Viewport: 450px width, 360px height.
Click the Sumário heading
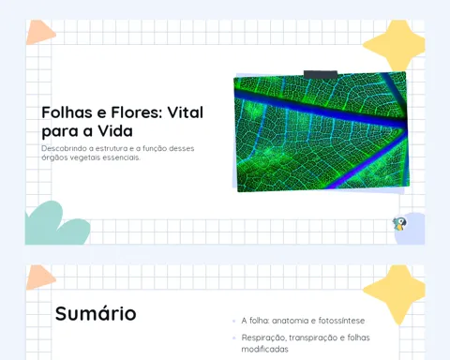pyautogui.click(x=96, y=313)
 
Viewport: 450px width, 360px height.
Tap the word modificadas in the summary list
pyautogui.click(x=264, y=349)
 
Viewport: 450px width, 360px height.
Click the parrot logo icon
pyautogui.click(x=399, y=224)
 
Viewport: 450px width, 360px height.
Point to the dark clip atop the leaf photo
pyautogui.click(x=321, y=75)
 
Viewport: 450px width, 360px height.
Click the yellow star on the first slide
pyautogui.click(x=396, y=45)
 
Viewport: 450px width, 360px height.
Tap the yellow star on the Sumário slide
pyautogui.click(x=396, y=293)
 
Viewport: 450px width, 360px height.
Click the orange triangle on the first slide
pyautogui.click(x=39, y=32)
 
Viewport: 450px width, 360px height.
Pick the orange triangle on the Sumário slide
pyautogui.click(x=39, y=277)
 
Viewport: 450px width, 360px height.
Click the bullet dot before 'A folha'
pyautogui.click(x=234, y=321)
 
